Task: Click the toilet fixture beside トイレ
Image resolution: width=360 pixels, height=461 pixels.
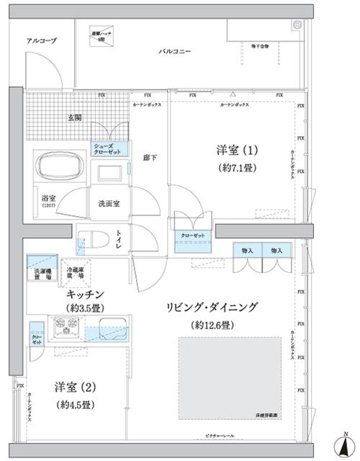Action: pyautogui.click(x=91, y=239)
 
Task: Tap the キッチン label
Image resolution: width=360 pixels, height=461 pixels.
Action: pyautogui.click(x=86, y=294)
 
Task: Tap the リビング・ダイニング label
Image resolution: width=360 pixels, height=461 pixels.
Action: pyautogui.click(x=212, y=308)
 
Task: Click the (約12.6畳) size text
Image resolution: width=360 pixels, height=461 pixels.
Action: pyautogui.click(x=212, y=325)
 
